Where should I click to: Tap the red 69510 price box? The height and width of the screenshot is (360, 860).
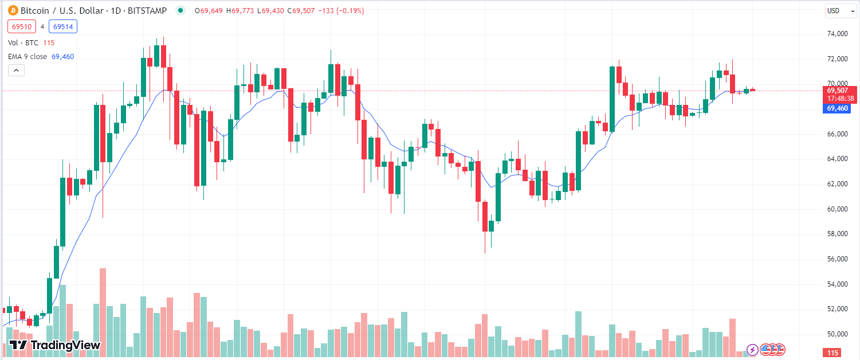click(x=22, y=26)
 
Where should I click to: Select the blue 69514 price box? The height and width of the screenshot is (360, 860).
click(x=63, y=26)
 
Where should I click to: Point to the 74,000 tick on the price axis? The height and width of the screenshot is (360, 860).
click(x=838, y=34)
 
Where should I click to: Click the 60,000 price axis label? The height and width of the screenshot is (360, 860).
click(x=838, y=209)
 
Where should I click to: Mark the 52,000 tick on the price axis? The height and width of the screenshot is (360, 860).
click(x=838, y=309)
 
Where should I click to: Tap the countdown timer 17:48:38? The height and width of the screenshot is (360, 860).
click(x=840, y=98)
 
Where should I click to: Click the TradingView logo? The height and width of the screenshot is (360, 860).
click(x=55, y=345)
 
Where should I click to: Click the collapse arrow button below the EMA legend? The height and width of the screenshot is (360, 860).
click(x=16, y=70)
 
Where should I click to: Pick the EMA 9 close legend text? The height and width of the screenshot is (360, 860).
click(x=28, y=57)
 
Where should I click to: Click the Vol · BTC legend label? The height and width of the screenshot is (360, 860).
click(x=23, y=43)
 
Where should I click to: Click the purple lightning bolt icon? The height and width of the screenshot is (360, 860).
click(x=752, y=349)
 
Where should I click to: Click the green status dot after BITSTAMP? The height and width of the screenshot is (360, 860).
click(x=181, y=10)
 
